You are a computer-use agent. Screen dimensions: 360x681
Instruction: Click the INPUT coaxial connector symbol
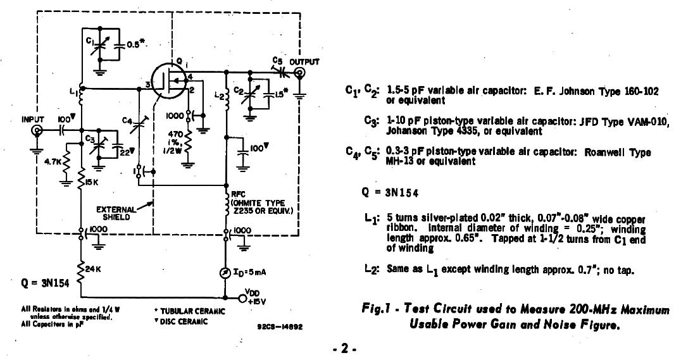tap(38, 131)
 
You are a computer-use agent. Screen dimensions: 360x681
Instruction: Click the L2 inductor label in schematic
tap(219, 95)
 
